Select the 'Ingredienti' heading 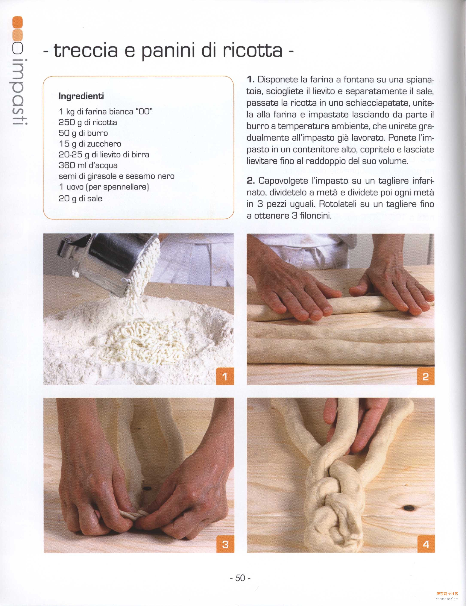point(81,96)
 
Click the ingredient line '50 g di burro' point(83,133)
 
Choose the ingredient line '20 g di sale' point(80,198)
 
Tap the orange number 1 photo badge point(225,376)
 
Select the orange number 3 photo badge point(225,544)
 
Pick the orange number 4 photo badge point(426,544)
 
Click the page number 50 point(240,578)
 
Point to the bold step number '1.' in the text point(250,80)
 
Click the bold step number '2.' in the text point(251,181)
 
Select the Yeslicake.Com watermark point(447,599)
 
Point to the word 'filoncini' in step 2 point(316,215)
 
